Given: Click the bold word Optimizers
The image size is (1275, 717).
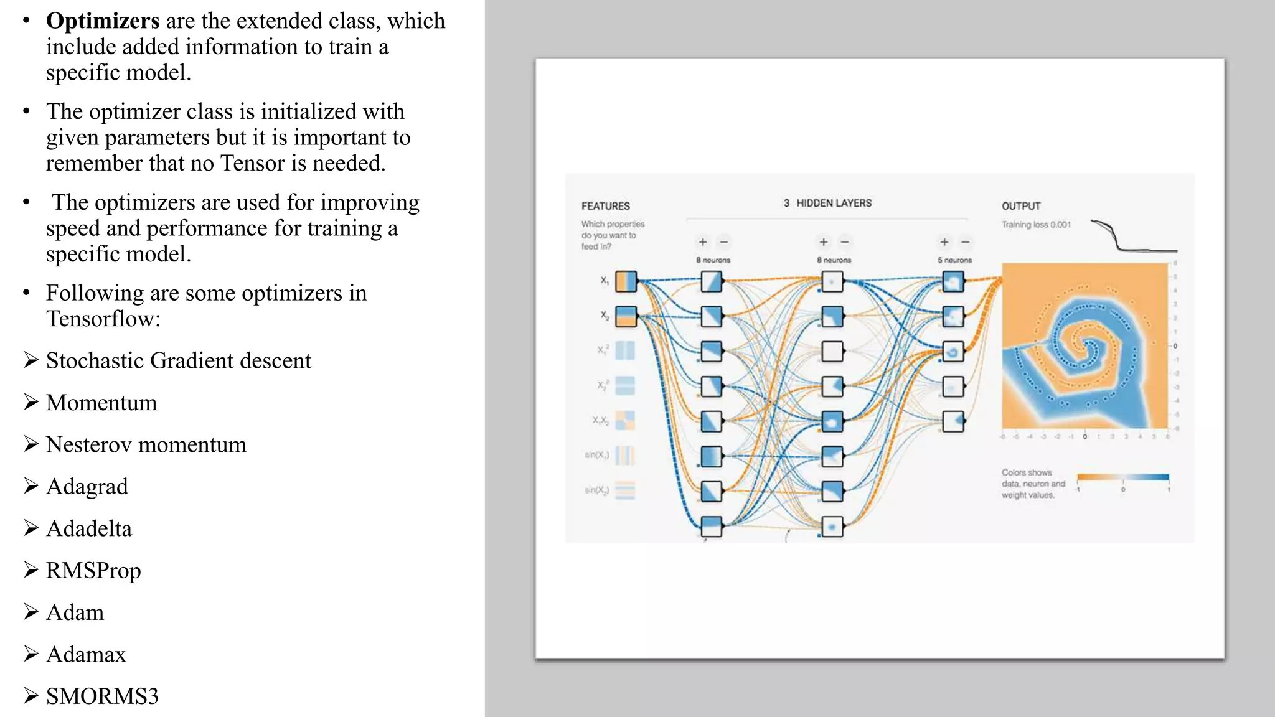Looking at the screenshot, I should click(x=103, y=21).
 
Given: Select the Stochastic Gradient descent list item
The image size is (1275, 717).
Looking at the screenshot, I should click(x=178, y=360).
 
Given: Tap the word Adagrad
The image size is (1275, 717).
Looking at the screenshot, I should click(x=87, y=486).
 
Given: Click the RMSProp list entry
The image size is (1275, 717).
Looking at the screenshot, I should click(x=93, y=570).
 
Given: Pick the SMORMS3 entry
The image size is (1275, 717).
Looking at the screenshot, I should click(x=102, y=696).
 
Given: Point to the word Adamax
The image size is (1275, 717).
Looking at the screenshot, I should click(x=86, y=654).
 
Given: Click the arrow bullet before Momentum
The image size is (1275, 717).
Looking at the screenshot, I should click(x=31, y=402).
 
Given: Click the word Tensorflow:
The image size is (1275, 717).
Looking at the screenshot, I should click(x=103, y=319).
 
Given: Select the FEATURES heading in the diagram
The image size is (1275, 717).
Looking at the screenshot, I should click(x=605, y=206).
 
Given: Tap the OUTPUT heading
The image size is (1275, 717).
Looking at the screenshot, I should click(x=1020, y=206).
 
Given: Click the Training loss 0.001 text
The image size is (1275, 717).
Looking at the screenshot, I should click(x=1036, y=225).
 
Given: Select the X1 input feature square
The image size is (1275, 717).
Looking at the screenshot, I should click(x=626, y=281).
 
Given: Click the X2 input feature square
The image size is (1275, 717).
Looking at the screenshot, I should click(x=626, y=316).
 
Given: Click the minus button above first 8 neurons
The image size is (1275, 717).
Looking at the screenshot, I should click(x=723, y=242).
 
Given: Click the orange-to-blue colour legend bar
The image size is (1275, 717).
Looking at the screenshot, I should click(x=1122, y=477).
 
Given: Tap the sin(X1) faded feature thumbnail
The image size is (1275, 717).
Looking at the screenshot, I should click(x=624, y=456).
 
